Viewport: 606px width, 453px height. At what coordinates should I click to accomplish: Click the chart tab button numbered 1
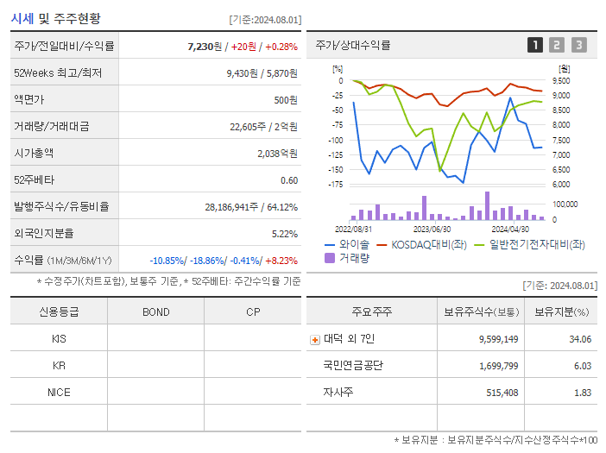(535, 45)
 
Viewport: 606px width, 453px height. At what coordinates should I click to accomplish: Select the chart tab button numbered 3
(578, 45)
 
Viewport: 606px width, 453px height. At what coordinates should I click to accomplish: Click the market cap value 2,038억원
(277, 153)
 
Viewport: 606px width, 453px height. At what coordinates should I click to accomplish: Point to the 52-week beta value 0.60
(289, 179)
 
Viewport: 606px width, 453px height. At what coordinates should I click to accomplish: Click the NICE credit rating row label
(59, 392)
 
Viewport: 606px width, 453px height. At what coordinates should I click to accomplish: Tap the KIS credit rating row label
(59, 338)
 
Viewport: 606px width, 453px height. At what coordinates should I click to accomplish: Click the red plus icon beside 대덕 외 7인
(315, 339)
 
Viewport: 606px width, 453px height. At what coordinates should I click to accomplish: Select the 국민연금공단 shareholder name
(353, 365)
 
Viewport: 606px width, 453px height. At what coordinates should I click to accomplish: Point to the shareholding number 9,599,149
(498, 339)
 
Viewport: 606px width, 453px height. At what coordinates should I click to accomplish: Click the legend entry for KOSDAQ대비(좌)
(426, 244)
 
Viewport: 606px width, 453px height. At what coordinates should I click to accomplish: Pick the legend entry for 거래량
(353, 257)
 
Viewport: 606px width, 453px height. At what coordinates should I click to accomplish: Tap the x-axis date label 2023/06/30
(432, 229)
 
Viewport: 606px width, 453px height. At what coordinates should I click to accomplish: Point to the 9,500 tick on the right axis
(560, 80)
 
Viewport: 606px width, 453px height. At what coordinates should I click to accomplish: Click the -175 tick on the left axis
(336, 185)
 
